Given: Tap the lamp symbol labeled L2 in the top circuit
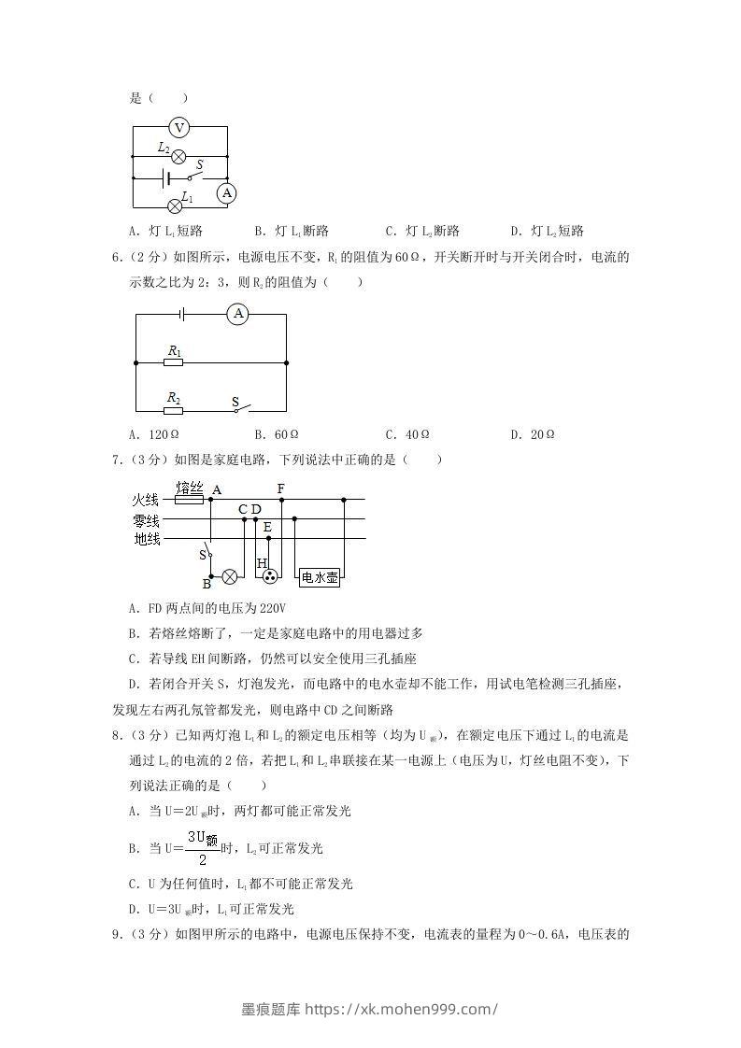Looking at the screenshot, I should click(178, 156).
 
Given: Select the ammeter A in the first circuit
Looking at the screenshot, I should click(226, 193).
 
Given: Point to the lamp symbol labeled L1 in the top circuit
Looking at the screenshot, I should click(174, 205).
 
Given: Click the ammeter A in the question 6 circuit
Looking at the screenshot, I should click(238, 315).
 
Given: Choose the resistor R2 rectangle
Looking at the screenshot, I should click(174, 409).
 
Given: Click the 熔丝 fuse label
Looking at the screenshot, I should click(190, 488).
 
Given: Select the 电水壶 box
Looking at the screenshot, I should click(320, 578).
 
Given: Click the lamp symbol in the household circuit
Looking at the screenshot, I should click(229, 577).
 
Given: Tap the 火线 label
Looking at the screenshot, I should click(147, 500).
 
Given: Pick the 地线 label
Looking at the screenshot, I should click(147, 539).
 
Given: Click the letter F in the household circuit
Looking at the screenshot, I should click(281, 489).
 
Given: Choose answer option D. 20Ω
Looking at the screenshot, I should click(533, 434).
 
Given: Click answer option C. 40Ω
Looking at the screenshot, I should click(407, 434).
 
